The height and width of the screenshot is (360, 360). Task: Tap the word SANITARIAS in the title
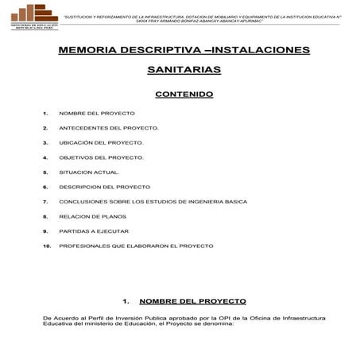point(184,70)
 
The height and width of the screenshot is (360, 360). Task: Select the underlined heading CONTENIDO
point(184,94)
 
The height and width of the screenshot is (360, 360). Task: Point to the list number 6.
point(46,187)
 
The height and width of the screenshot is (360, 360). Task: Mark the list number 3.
point(46,143)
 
